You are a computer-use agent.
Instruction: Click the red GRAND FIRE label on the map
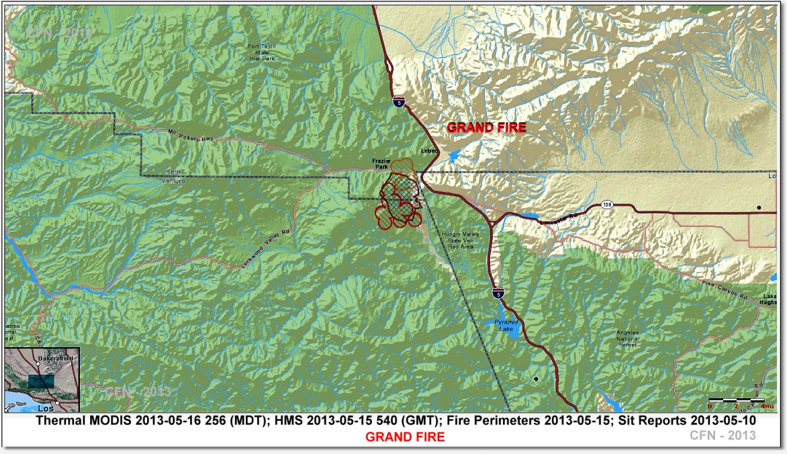pos(487,128)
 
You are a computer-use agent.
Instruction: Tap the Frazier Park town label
pos(381,164)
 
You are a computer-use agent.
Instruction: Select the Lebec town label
pos(429,150)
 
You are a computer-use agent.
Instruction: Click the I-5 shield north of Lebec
pos(399,101)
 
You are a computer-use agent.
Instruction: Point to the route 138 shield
pos(607,204)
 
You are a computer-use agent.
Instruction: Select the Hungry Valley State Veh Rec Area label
pos(458,240)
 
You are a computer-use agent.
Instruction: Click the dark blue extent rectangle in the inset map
pos(41,381)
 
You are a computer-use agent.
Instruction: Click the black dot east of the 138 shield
pos(759,208)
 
